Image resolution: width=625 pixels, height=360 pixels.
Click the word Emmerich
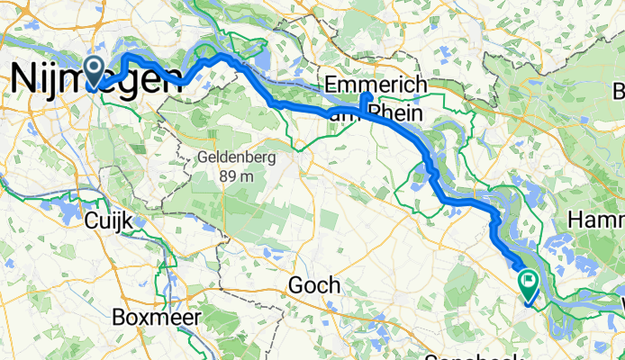(x=375, y=85)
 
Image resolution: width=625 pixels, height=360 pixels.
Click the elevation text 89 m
(x=236, y=175)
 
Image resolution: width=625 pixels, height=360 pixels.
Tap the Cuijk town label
(x=109, y=220)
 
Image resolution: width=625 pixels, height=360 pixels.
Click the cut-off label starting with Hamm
(x=596, y=220)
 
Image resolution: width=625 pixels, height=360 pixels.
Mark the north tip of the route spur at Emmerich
(x=365, y=94)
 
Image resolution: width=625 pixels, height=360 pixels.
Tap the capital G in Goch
(x=295, y=286)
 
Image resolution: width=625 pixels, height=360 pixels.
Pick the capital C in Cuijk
(x=90, y=220)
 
